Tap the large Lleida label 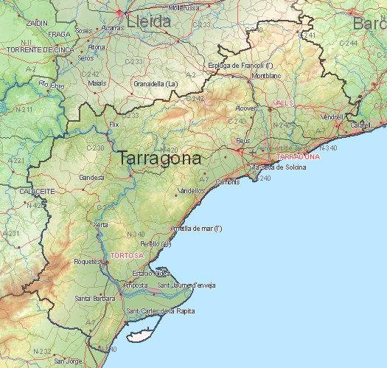(x=149, y=21)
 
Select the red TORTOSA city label (x=127, y=255)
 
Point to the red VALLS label (x=283, y=103)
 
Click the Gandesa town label (x=91, y=178)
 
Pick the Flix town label (x=114, y=125)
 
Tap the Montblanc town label (x=265, y=76)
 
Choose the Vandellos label (x=192, y=190)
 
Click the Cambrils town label (x=227, y=181)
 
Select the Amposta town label (x=135, y=285)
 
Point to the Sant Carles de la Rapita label (x=161, y=311)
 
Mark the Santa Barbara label (x=94, y=298)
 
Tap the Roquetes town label (x=87, y=262)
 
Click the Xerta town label (x=102, y=225)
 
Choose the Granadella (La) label (x=156, y=83)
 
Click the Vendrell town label (x=333, y=117)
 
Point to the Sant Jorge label (x=68, y=361)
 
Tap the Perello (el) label (x=156, y=243)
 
